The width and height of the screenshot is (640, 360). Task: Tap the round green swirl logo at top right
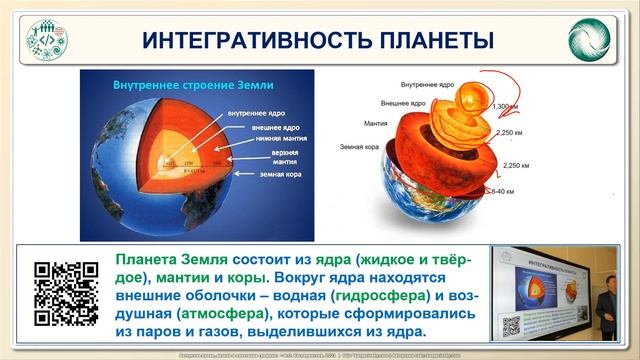(x=589, y=40)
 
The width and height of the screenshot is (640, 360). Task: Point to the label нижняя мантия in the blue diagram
(x=255, y=140)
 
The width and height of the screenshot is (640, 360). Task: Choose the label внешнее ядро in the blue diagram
(x=254, y=127)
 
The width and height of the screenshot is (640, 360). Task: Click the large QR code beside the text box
(x=67, y=292)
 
